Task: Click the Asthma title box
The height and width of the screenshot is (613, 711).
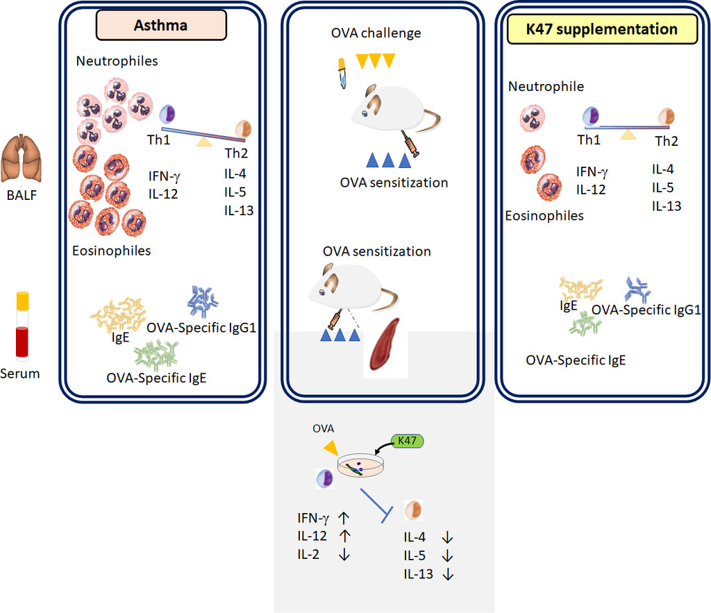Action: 161,26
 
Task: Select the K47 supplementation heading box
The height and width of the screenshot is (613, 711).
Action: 602,29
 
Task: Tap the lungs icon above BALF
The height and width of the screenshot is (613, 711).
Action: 22,158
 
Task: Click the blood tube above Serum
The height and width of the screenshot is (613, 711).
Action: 22,326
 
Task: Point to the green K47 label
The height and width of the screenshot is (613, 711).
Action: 408,441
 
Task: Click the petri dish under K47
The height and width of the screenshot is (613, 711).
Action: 360,466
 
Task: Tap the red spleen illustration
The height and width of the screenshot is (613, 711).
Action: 385,344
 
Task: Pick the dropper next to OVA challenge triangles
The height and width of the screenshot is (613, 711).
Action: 342,73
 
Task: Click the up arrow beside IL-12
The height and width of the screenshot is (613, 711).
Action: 345,536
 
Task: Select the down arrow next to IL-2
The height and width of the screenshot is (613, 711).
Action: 344,555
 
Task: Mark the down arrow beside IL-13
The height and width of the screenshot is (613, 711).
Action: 448,574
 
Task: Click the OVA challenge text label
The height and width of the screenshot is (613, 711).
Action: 376,33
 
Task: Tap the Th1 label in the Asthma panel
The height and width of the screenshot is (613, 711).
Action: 158,140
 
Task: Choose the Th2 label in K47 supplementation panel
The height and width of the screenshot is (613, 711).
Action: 667,141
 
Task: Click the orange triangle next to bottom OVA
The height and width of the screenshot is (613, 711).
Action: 331,448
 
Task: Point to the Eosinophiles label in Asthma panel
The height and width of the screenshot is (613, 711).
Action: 112,251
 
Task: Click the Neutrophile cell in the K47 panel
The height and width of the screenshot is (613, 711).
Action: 533,118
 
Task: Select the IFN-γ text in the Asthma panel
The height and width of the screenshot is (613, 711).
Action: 164,176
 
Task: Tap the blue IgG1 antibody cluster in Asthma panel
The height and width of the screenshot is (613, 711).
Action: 203,301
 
